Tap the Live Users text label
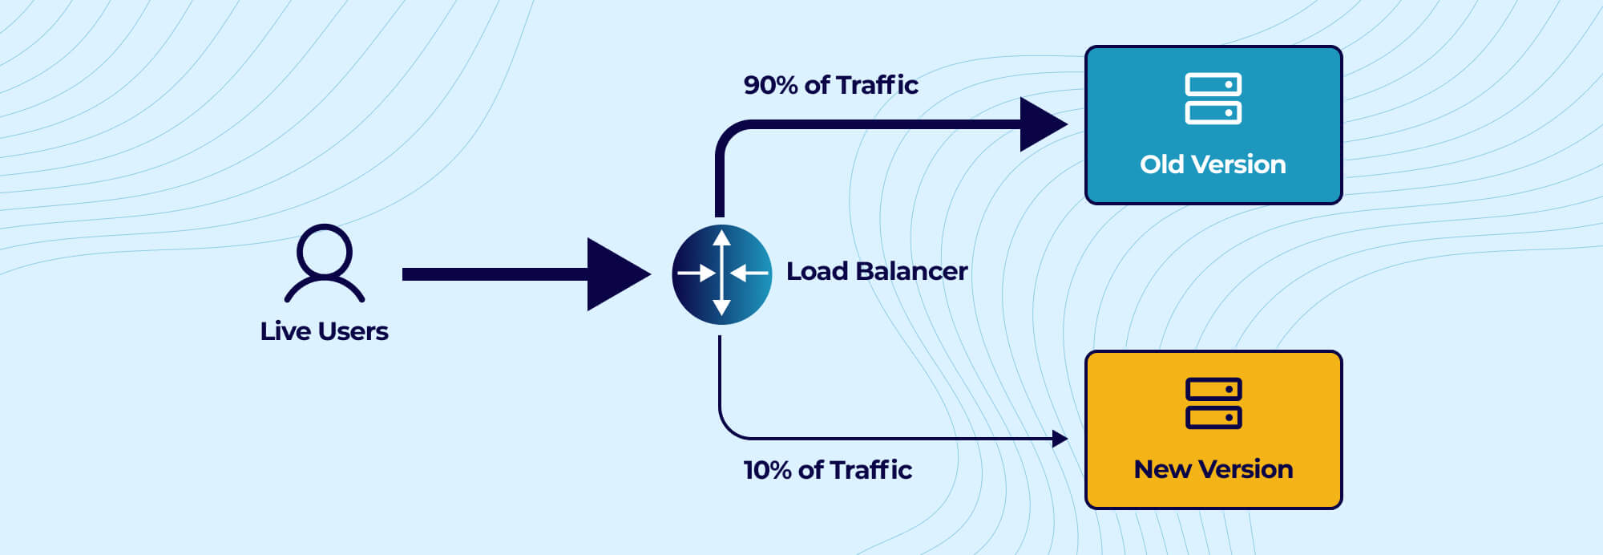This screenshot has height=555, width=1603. (x=325, y=331)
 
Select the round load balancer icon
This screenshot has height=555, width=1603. (x=721, y=274)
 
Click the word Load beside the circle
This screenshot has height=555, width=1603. (x=817, y=271)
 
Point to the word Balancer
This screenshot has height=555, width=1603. (x=911, y=271)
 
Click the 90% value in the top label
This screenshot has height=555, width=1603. (x=770, y=85)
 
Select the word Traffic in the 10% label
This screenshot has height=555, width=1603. (x=870, y=470)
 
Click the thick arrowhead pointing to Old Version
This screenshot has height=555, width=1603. (x=1041, y=124)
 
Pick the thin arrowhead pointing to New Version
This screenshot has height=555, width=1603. (x=1060, y=439)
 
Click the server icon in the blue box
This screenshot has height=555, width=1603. (x=1213, y=99)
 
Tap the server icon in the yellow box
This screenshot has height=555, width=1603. (x=1213, y=403)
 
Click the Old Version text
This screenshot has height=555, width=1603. (x=1213, y=164)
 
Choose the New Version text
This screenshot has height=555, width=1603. (x=1213, y=469)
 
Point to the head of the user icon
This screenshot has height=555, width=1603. (x=325, y=250)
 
